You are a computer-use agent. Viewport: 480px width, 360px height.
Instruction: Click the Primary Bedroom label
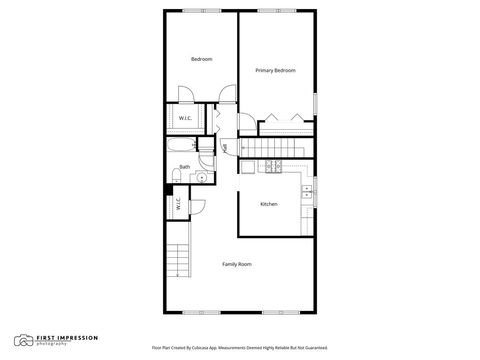point(275,70)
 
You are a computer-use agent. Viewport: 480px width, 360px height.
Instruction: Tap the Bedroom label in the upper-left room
point(201,59)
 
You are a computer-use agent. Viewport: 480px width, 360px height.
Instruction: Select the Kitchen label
point(269,204)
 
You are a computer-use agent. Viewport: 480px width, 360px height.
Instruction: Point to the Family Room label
point(237,264)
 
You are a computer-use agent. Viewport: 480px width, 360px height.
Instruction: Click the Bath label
point(185,167)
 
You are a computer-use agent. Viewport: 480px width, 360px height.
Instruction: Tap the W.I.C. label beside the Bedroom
point(185,119)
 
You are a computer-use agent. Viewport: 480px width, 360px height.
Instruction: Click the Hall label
point(226,148)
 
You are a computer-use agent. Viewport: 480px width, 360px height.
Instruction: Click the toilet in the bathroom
point(176,177)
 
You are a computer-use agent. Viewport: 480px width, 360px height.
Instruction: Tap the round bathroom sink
point(201,178)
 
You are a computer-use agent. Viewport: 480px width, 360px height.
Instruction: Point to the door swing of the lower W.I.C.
point(196,206)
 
